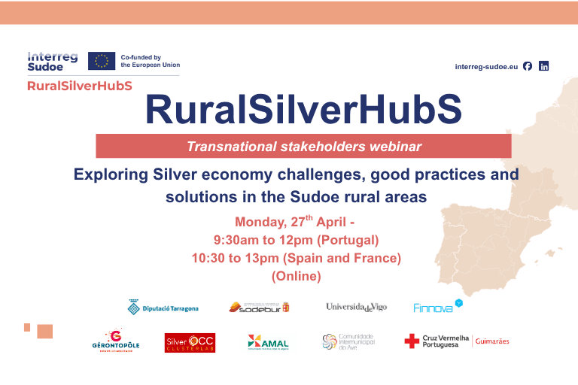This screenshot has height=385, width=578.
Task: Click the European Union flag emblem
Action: pos(102,61)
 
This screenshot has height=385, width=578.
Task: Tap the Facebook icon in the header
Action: pos(528,66)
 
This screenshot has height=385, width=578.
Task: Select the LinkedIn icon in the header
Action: pos(544,66)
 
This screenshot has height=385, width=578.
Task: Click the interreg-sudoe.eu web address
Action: pos(486,66)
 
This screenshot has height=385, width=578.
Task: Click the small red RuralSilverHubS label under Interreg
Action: pos(79,86)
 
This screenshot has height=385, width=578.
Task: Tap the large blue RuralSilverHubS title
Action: pos(303,111)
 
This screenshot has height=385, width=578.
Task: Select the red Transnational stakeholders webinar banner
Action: pos(303,146)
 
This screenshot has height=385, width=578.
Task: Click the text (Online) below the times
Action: pos(296,277)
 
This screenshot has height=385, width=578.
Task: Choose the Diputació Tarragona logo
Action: pos(163,308)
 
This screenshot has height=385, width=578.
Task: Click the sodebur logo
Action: pos(259,307)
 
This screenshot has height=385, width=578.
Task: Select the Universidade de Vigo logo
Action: pos(356,307)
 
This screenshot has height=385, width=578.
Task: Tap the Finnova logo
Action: pos(437,307)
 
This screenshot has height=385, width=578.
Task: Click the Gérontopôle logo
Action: pos(114,341)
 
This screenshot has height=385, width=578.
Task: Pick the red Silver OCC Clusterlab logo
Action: pos(190,343)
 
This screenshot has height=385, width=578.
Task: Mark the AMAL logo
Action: pos(268,342)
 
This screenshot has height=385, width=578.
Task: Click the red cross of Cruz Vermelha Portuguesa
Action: pos(412,341)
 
